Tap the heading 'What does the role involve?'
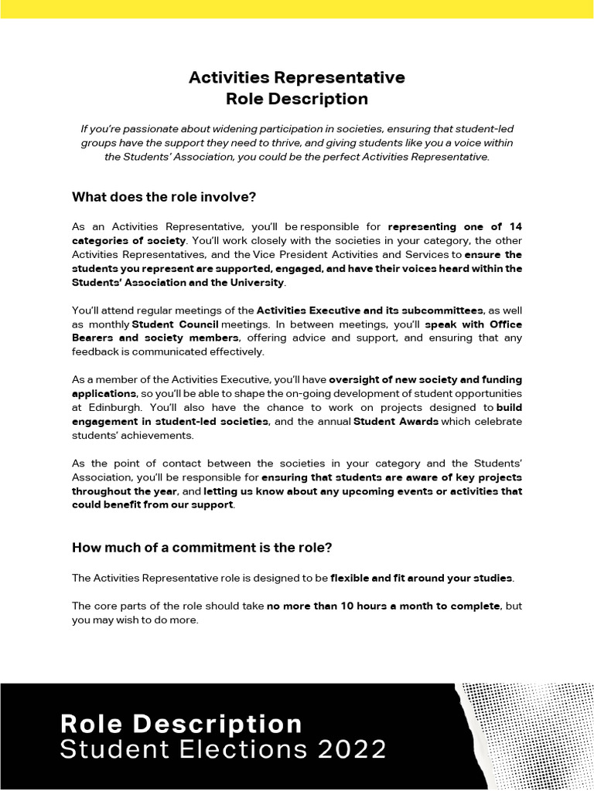pos(164,197)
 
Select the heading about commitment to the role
pos(202,548)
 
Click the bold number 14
pos(515,226)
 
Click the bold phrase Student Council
pos(175,324)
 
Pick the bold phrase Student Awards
pos(395,421)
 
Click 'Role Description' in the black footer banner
pos(182,724)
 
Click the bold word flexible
pos(357,577)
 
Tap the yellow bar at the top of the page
pos(297,8)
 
